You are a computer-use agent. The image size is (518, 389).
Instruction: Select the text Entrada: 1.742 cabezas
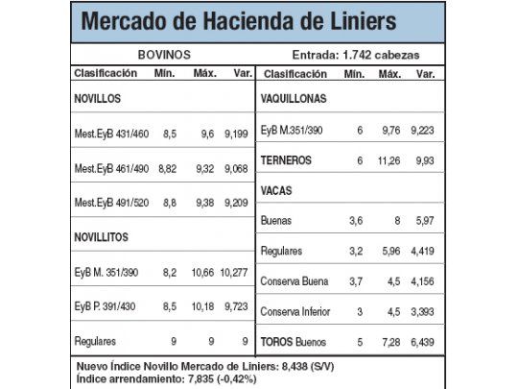pyautogui.click(x=355, y=55)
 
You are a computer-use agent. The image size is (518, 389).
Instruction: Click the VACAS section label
pyautogui.click(x=278, y=190)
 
